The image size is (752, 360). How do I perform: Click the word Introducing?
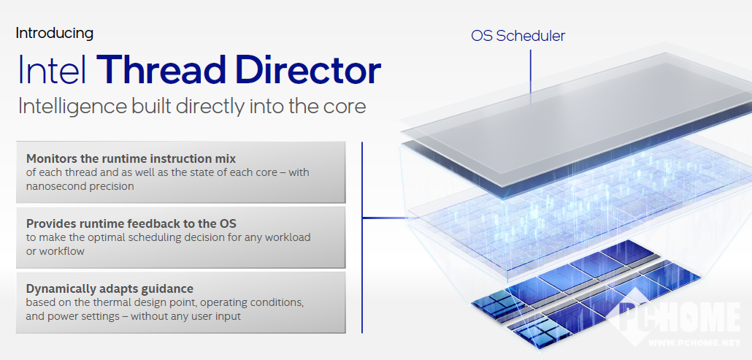54,34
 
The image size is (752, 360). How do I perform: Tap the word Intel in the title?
53,70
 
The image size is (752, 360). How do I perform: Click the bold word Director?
308,70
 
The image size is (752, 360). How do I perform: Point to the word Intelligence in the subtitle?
72,107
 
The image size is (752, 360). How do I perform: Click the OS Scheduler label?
518,36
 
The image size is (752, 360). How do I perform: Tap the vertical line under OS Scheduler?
531,77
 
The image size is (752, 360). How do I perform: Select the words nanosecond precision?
80,186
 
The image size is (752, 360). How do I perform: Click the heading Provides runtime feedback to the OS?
131,223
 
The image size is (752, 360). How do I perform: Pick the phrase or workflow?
55,251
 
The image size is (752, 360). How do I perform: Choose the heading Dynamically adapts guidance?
110,289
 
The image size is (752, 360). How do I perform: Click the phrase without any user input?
185,316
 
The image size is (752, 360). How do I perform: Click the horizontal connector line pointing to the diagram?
391,218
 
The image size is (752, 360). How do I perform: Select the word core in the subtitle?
346,107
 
